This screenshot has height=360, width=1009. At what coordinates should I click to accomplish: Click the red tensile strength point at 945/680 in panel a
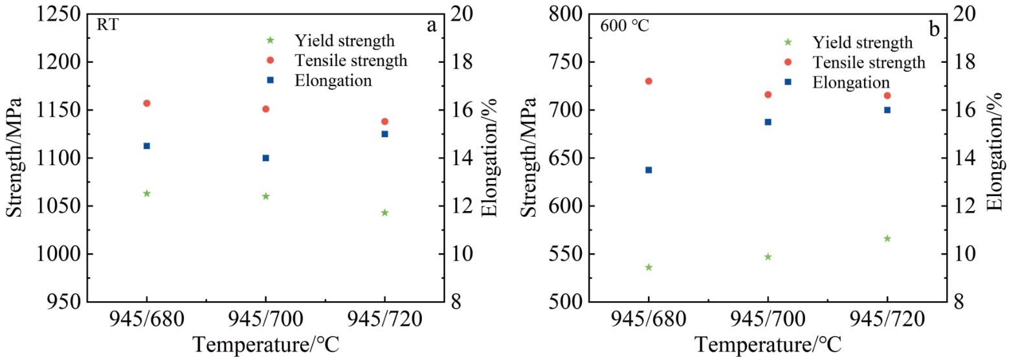[x=146, y=103]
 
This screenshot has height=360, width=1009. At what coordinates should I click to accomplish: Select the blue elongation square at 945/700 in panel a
[x=265, y=158]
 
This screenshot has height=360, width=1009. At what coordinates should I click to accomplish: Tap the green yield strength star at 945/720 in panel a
[x=384, y=212]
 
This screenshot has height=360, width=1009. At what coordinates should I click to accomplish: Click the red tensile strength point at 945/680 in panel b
[x=649, y=81]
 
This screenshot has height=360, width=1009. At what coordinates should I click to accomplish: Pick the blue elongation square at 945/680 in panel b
[x=649, y=170]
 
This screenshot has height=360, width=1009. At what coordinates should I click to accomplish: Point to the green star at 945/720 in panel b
[x=887, y=238]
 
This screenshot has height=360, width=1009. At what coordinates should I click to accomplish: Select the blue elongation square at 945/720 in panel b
[x=887, y=110]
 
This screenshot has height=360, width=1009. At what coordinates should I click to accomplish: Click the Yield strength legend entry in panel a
[x=344, y=41]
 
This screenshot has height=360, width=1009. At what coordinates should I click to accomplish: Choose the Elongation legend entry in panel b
[x=851, y=82]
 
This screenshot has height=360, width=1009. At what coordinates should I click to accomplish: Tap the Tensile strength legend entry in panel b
[x=868, y=62]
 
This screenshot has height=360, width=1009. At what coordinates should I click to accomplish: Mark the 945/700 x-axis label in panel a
[x=265, y=319]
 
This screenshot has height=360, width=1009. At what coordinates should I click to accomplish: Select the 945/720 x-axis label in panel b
[x=887, y=319]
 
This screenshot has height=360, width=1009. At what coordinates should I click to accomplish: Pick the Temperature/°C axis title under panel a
[x=265, y=344]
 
